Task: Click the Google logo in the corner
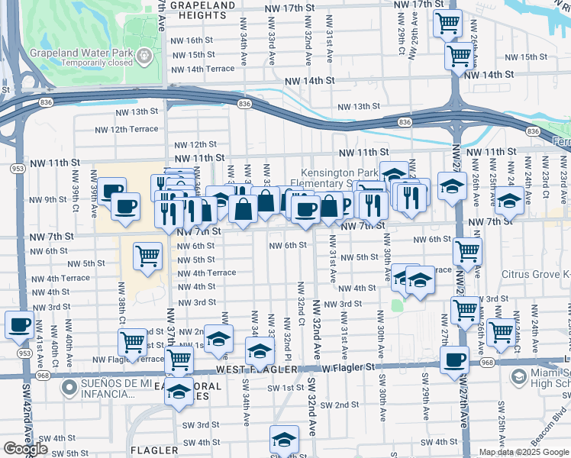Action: point(25,449)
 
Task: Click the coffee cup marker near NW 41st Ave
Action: point(19,324)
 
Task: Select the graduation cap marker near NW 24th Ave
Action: point(508,203)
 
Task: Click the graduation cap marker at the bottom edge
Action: point(283,440)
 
